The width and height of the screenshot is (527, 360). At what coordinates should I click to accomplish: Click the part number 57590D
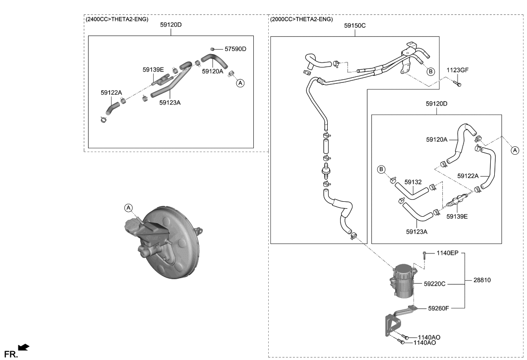(235, 49)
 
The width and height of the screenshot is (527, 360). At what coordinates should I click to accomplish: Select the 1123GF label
(457, 70)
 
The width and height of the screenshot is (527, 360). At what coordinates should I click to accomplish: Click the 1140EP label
(448, 253)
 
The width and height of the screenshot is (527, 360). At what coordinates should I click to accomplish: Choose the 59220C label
(435, 284)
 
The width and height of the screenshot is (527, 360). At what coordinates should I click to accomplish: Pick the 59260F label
(438, 308)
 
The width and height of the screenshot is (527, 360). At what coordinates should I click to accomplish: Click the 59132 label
(413, 182)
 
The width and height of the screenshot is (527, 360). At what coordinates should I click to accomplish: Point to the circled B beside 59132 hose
(382, 170)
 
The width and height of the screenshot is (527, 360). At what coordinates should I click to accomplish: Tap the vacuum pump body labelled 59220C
(403, 282)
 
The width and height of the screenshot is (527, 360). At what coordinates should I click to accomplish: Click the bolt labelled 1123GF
(458, 85)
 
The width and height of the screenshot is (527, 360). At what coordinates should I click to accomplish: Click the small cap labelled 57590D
(212, 49)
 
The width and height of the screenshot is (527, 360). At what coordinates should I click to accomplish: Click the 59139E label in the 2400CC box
(153, 70)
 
